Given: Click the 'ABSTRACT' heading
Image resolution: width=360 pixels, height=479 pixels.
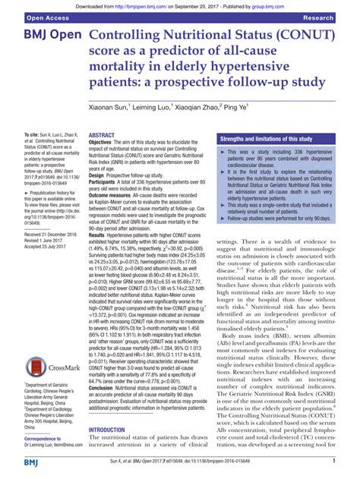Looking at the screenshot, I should (x=103, y=134).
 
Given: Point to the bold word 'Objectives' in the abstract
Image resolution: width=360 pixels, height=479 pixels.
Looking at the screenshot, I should (x=106, y=142).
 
